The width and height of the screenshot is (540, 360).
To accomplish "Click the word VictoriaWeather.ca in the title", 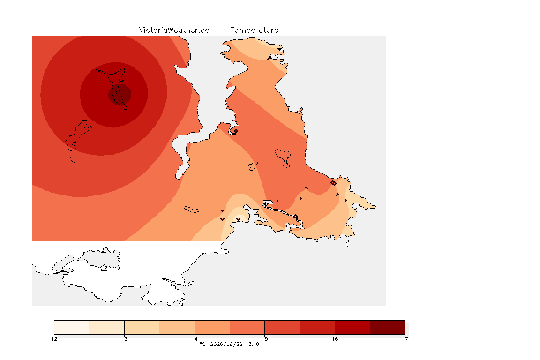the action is (x=174, y=30).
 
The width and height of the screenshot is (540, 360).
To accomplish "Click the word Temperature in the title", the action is (x=254, y=30).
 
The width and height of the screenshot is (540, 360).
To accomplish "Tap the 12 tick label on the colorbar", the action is (x=54, y=339).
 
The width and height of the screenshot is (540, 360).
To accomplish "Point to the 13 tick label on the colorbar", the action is (x=124, y=339).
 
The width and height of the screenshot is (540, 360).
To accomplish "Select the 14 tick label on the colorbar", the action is (x=195, y=339).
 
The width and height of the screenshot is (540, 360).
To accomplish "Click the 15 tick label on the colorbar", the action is (x=264, y=339).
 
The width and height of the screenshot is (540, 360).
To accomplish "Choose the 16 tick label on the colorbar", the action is (x=335, y=339).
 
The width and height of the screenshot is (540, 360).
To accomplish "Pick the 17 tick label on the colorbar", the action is (x=405, y=339).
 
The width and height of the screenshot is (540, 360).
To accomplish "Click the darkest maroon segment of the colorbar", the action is (x=388, y=327).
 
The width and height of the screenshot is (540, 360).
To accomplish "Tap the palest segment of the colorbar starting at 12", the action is (x=72, y=327).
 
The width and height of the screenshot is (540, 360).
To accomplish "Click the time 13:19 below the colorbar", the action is (x=253, y=344).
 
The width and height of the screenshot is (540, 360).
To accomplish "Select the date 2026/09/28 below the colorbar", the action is (x=226, y=344).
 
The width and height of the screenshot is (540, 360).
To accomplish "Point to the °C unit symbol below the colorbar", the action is (x=203, y=344).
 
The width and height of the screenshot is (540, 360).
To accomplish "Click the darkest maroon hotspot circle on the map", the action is (x=120, y=94).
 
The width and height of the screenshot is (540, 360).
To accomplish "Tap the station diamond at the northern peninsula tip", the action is (x=270, y=59).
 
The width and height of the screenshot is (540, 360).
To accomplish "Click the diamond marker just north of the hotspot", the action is (x=108, y=69).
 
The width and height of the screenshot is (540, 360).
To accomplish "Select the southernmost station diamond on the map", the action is (x=341, y=231).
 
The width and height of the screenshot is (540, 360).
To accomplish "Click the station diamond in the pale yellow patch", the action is (x=238, y=219).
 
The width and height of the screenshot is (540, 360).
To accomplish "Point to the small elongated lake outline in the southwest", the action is (x=192, y=210).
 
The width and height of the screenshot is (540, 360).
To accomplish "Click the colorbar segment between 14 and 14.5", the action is (x=212, y=327).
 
